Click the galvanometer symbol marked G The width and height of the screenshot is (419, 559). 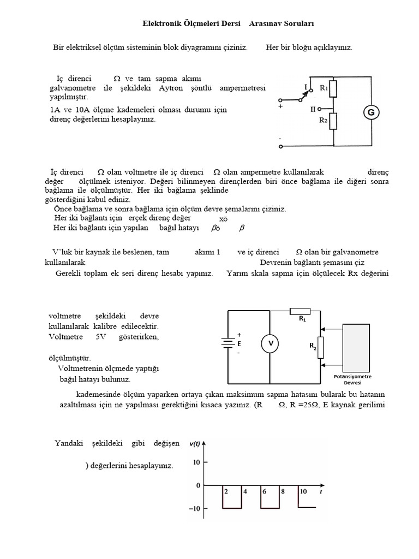(x=372, y=113)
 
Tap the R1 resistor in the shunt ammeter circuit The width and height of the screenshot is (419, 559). (x=333, y=88)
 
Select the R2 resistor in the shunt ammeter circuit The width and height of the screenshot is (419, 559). (x=333, y=121)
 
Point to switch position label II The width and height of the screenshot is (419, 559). (x=313, y=109)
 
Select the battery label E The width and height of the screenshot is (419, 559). (x=239, y=344)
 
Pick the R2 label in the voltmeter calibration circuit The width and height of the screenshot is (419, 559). (x=313, y=346)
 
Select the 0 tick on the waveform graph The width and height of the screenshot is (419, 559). (x=198, y=485)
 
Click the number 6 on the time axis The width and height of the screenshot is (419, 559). (x=264, y=491)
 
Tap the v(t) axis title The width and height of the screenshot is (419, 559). (x=195, y=444)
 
